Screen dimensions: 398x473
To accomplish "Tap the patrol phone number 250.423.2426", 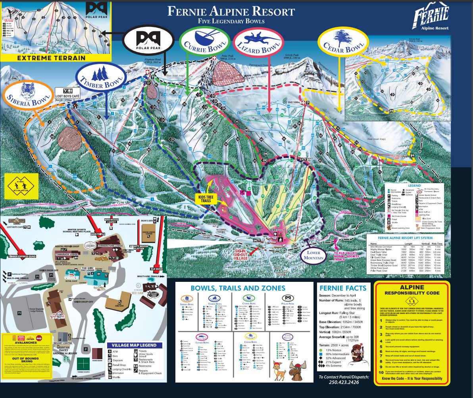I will (x=344, y=382).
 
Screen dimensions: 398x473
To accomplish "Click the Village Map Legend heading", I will (x=135, y=345).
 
